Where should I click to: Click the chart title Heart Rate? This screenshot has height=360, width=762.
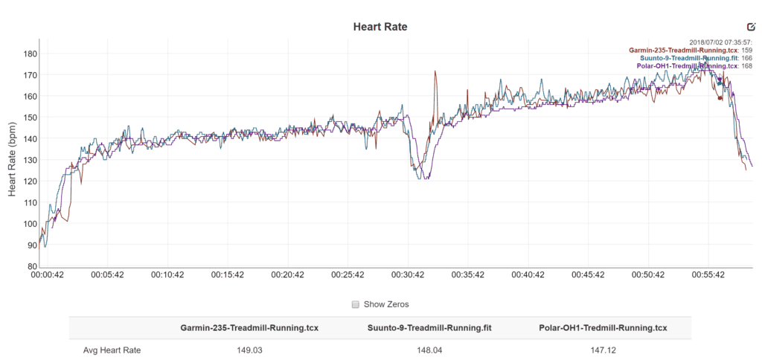pos(380,27)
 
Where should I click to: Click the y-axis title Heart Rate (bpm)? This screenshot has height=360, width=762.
pos(12,159)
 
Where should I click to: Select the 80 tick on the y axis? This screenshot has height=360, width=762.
pos(32,266)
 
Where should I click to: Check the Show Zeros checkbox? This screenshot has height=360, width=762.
pos(356,304)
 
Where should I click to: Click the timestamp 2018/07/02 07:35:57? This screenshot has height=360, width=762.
pos(720,42)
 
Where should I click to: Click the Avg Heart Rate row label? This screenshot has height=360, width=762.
pos(112,350)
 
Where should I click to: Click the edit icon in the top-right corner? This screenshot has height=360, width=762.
pos(751,26)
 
